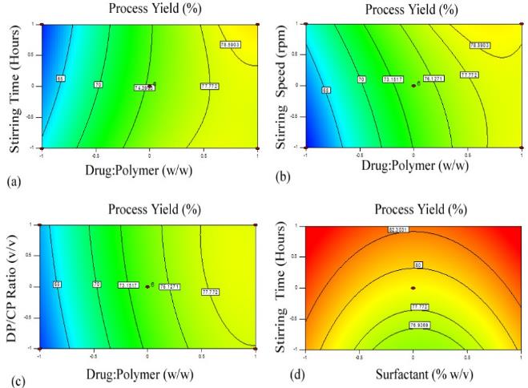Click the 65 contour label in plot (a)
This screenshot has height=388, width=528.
coord(60,79)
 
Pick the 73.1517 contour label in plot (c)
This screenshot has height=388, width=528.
coord(127,285)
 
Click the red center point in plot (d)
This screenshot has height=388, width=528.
coord(413,287)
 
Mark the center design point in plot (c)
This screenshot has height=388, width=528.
coord(147,285)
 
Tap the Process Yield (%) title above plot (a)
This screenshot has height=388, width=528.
coord(148,9)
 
